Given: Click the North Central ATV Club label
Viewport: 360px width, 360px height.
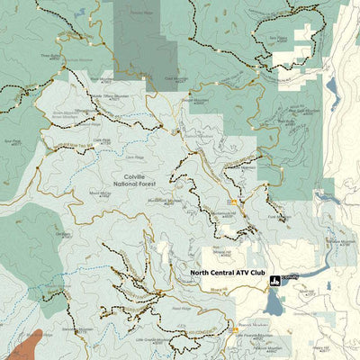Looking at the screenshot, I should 228,271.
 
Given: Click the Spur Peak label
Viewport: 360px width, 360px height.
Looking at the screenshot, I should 13,141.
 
